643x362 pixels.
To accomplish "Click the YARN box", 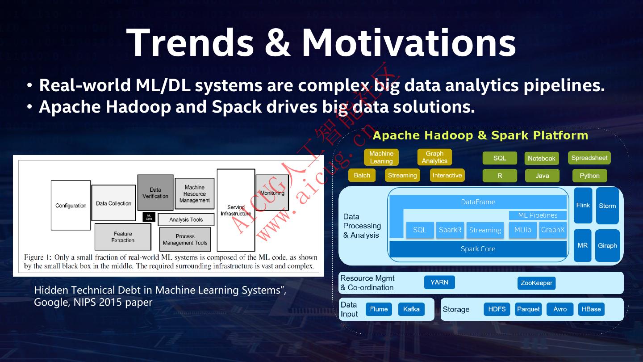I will pos(439,282).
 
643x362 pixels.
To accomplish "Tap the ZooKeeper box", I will pos(536,283).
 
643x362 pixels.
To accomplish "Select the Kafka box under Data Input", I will pos(411,309).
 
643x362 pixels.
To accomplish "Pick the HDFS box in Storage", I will pos(497,309).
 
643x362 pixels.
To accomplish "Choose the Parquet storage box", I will pos(528,309).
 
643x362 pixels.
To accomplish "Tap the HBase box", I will pos(591,309).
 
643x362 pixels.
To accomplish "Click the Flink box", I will pos(583,206).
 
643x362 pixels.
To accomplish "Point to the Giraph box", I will pos(607,245).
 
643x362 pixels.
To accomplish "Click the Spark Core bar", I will pos(478,249).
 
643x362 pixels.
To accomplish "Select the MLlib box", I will pos(522,230).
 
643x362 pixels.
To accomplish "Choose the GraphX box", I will pos(553,230).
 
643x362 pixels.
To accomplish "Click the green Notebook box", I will pos(541,158).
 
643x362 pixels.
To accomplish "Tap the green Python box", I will pos(589,176).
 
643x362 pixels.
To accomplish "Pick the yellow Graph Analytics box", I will pos(434,157).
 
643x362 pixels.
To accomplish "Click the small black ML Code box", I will pos(149,217).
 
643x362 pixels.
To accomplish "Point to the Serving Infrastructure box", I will pos(236,210).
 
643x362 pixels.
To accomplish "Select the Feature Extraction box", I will pos(123,237).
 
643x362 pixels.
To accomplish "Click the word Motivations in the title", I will pos(409,42).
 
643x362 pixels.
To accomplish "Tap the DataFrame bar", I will pos(478,202).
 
